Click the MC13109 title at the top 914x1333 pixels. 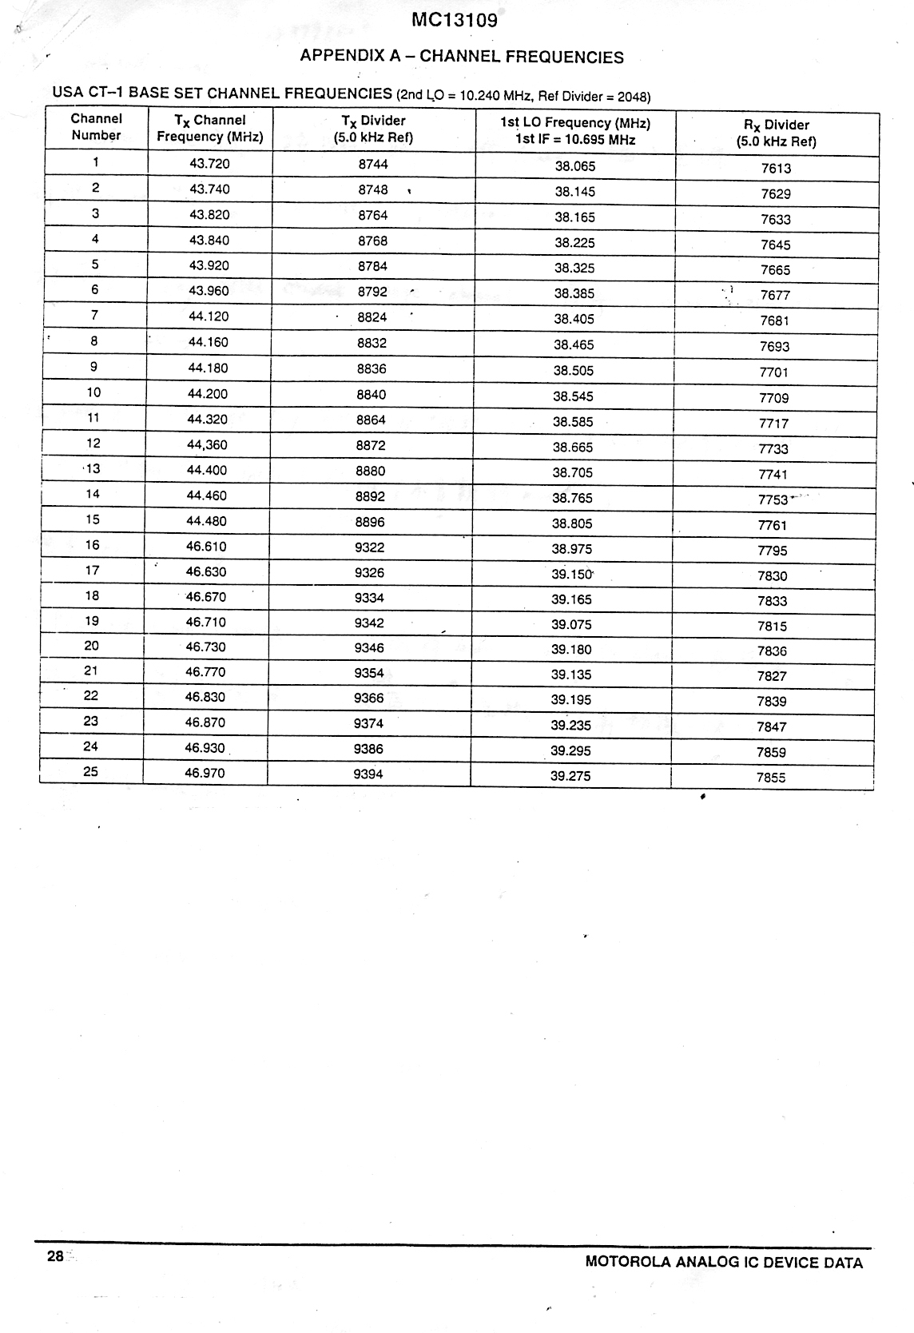[x=455, y=21]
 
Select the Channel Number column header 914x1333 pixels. [x=96, y=127]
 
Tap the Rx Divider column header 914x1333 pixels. [x=776, y=133]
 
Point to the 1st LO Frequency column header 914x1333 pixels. [x=575, y=131]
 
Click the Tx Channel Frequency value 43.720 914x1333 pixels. [x=209, y=164]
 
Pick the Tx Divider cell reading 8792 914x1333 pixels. [x=372, y=292]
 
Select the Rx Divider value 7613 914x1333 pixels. [x=776, y=169]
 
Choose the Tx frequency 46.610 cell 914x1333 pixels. [x=206, y=547]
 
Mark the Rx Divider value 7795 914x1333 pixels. [x=773, y=551]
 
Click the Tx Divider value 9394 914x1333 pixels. [x=368, y=774]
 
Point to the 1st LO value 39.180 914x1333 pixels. [x=571, y=650]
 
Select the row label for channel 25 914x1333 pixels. [x=91, y=772]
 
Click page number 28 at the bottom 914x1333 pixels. [x=55, y=1256]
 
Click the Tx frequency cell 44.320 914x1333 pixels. [x=208, y=420]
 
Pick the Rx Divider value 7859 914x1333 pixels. [x=771, y=753]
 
